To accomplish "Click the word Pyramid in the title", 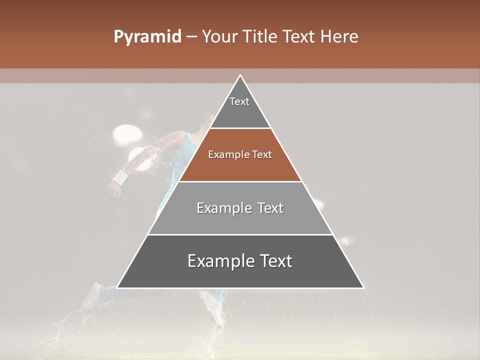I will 147,36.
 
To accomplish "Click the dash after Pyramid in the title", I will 191,37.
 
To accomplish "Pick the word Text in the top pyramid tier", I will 239,101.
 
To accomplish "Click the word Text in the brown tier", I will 262,154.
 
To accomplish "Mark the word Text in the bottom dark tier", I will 276,261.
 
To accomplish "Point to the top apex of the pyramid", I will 240,75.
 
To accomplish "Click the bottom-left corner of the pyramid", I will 117,287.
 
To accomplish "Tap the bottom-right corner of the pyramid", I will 363,287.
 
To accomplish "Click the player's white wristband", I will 120,176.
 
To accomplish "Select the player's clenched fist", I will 114,188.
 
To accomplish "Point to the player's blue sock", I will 106,293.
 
